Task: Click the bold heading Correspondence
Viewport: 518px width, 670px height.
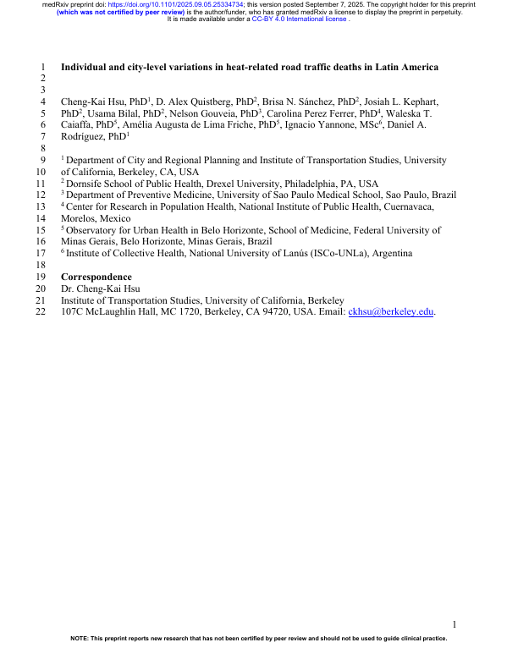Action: point(96,277)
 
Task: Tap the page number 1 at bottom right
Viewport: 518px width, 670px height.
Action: point(455,624)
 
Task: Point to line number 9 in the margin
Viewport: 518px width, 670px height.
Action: point(43,159)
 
